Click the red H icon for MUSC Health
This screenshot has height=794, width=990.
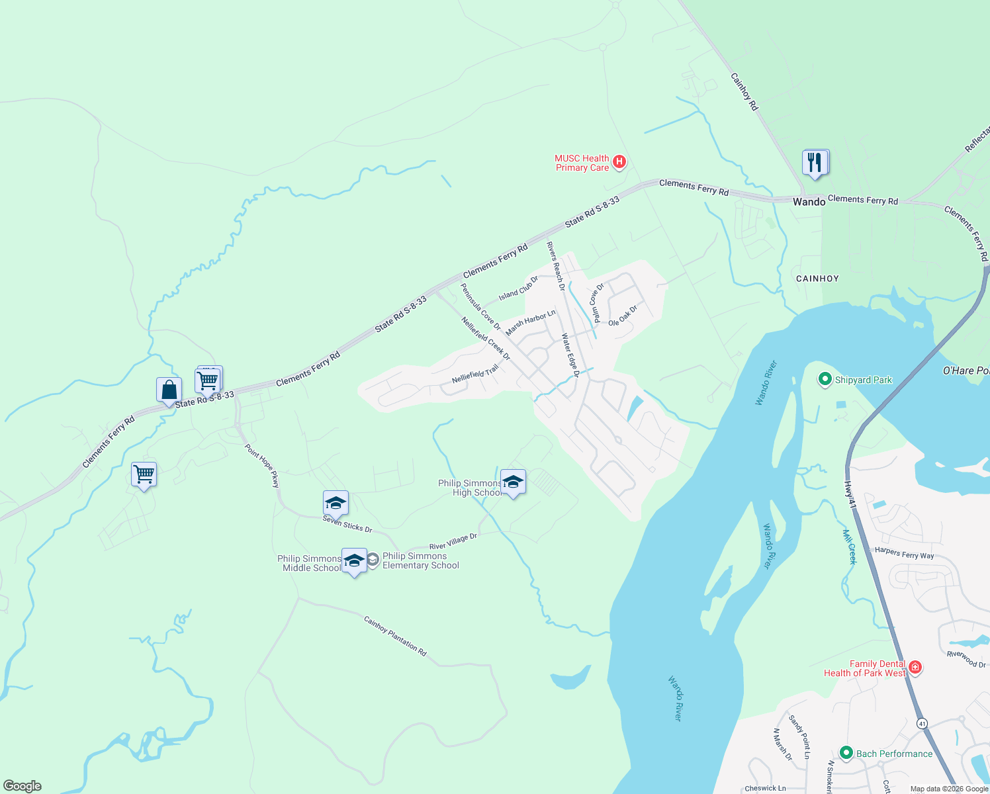pyautogui.click(x=619, y=161)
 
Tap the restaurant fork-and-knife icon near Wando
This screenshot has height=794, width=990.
pyautogui.click(x=815, y=162)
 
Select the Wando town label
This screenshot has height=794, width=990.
pyautogui.click(x=809, y=202)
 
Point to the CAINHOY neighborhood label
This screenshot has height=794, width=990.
pyautogui.click(x=817, y=279)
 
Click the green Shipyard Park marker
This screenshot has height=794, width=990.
pyautogui.click(x=825, y=380)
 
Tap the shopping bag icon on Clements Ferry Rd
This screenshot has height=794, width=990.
pyautogui.click(x=169, y=390)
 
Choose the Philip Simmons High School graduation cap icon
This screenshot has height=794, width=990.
pyautogui.click(x=513, y=482)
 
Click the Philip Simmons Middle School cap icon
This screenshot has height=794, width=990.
pyautogui.click(x=354, y=560)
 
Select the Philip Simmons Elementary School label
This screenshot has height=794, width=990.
pyautogui.click(x=420, y=560)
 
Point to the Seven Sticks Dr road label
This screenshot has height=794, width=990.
pyautogui.click(x=347, y=524)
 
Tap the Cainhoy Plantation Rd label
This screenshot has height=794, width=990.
pyautogui.click(x=395, y=636)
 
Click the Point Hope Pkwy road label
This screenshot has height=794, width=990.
pyautogui.click(x=262, y=466)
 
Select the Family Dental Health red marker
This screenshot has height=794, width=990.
pyautogui.click(x=915, y=668)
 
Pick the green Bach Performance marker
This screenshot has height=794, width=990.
pyautogui.click(x=846, y=753)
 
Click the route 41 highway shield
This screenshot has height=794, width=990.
pyautogui.click(x=922, y=724)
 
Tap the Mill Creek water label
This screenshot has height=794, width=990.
pyautogui.click(x=849, y=547)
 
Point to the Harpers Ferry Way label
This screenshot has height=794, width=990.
pyautogui.click(x=904, y=553)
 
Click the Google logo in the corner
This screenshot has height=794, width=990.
pyautogui.click(x=22, y=785)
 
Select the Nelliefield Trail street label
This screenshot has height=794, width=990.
pyautogui.click(x=475, y=375)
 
